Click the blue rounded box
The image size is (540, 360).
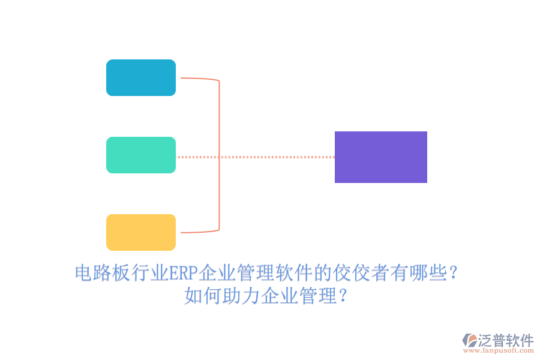click(x=141, y=77)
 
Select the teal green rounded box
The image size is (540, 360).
click(x=141, y=155)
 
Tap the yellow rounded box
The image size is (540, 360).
click(x=141, y=232)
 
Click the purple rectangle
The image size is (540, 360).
click(x=381, y=157)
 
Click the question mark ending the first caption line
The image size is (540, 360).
click(x=454, y=274)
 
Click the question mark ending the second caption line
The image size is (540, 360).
click(x=343, y=296)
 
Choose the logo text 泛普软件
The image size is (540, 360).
click(x=506, y=340)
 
